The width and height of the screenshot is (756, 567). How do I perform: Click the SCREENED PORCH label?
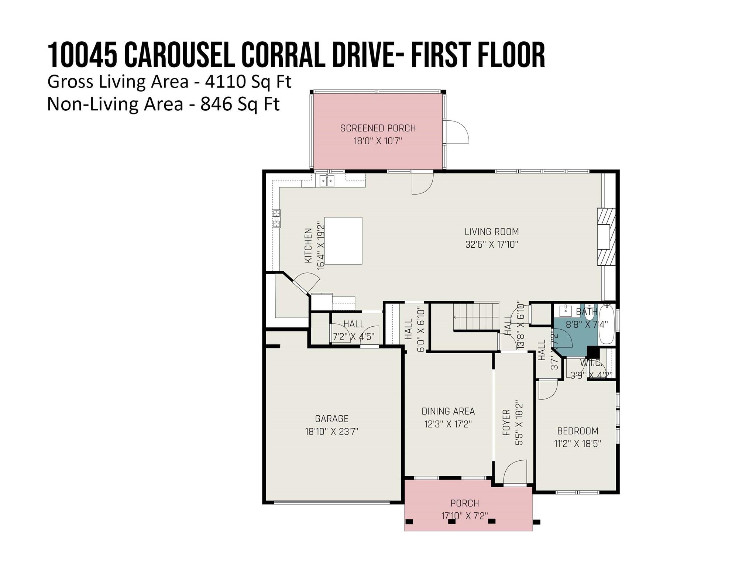click(378, 128)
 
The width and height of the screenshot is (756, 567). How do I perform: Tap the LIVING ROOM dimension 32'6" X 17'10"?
click(492, 244)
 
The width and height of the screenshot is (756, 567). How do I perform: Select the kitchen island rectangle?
click(343, 241)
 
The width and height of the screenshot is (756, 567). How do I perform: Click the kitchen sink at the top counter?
click(327, 181)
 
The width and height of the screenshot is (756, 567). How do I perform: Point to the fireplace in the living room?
click(606, 237)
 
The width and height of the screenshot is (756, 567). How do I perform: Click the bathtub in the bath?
click(606, 324)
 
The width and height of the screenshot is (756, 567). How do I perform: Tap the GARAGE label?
click(331, 419)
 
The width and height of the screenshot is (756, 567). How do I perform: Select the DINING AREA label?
click(448, 411)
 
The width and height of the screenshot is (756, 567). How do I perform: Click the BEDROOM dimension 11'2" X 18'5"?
click(578, 443)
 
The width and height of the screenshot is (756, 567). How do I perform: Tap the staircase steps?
click(476, 316)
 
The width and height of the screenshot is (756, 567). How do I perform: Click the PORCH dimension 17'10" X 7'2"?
click(465, 516)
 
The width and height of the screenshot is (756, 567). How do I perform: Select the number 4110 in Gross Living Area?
click(221, 82)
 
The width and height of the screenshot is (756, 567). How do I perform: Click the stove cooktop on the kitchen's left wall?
click(276, 218)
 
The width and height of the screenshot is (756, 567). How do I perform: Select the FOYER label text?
click(506, 422)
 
